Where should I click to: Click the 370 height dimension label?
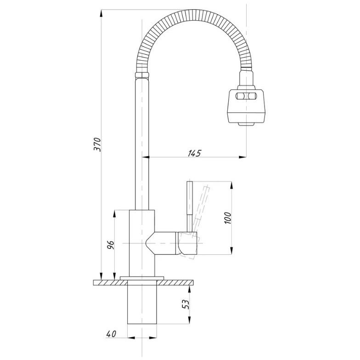point(97,144)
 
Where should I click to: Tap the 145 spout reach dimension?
point(194,153)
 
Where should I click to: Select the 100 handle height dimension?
point(227,218)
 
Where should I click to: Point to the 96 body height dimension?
point(111,245)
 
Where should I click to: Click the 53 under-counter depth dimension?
point(186,304)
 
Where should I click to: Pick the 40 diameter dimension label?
point(111,334)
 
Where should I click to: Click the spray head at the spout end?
point(246,106)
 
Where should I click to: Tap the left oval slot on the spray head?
point(241,96)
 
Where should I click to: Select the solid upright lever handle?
point(190,207)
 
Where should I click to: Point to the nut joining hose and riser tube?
point(142,75)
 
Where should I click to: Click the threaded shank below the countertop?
point(142,304)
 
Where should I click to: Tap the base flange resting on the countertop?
point(142,278)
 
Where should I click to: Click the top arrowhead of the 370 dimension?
point(101,13)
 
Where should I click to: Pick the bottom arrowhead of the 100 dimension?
point(231,251)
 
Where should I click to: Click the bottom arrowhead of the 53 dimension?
point(189,320)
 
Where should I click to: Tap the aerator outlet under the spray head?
point(246,124)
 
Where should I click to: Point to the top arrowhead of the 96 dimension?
point(114,214)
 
